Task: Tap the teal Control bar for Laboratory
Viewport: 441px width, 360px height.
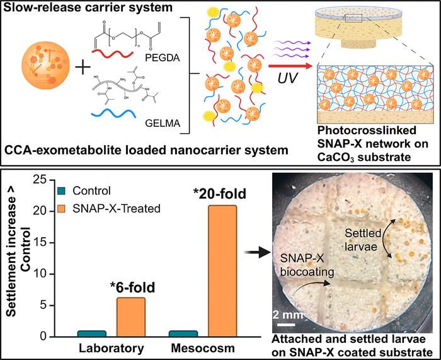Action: [91, 333]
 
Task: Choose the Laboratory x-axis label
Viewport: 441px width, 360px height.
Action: [111, 348]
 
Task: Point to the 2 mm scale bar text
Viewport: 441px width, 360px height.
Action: [290, 313]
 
